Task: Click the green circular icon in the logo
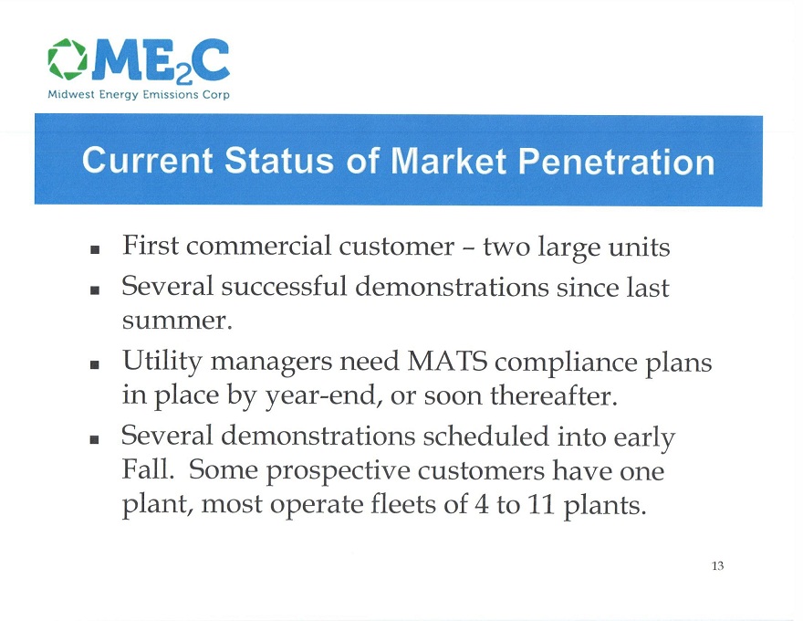68,59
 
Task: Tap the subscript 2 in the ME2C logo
183,77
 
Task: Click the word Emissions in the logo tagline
171,95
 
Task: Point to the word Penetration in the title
616,162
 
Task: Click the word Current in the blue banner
147,161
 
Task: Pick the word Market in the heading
449,162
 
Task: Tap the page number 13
717,565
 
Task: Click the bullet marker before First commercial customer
94,250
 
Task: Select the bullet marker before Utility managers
94,364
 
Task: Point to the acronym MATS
447,362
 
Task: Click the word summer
177,321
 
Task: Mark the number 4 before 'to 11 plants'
482,505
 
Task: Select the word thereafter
554,395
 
